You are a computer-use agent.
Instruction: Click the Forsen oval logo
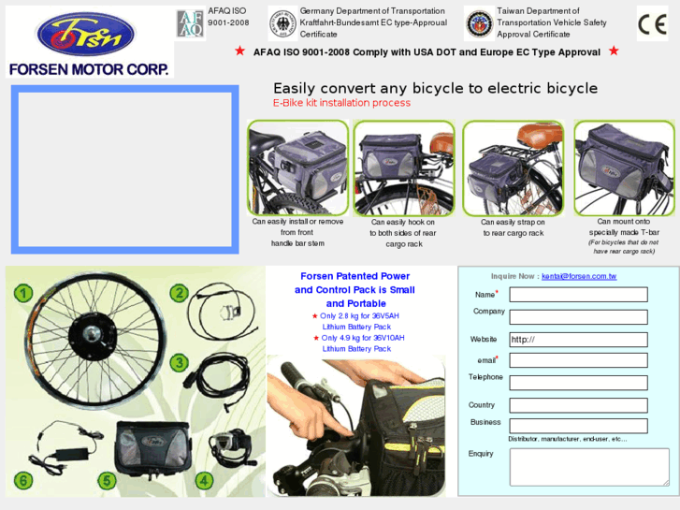(x=85, y=35)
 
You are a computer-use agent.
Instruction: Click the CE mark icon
(x=652, y=22)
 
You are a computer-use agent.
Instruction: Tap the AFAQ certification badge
(x=190, y=22)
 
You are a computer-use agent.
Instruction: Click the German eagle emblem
(x=282, y=22)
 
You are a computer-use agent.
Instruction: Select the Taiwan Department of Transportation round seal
(x=479, y=22)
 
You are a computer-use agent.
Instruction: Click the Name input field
(x=578, y=295)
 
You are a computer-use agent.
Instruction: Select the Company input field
(x=578, y=316)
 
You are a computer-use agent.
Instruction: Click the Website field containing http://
(x=578, y=339)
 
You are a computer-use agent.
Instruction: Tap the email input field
(x=578, y=360)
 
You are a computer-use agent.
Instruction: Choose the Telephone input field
(x=578, y=383)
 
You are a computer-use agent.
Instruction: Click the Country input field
(x=578, y=406)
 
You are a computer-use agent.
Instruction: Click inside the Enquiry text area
(x=588, y=466)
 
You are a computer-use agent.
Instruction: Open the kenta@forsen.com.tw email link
(x=579, y=276)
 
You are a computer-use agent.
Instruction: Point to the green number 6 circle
(x=22, y=481)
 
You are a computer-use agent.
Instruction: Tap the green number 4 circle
(x=203, y=481)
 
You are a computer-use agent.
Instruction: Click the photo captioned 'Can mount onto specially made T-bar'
(x=622, y=168)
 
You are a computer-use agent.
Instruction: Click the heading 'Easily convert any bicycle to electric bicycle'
(x=435, y=88)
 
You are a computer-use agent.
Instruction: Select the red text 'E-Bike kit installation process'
(x=341, y=103)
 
